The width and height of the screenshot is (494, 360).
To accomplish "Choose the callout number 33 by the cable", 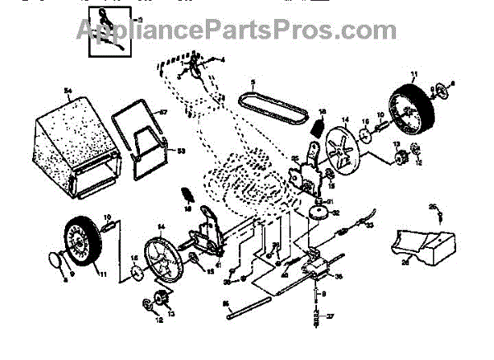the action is pyautogui.click(x=370, y=225).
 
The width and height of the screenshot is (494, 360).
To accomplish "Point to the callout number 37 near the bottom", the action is pyautogui.click(x=331, y=316).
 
